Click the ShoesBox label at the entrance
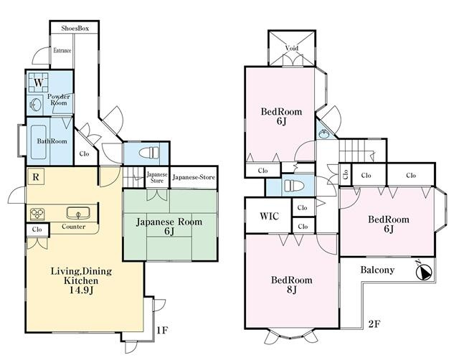pyautogui.click(x=75, y=29)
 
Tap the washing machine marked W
pyautogui.click(x=38, y=82)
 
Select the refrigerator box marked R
pyautogui.click(x=36, y=176)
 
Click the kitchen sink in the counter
pyautogui.click(x=78, y=213)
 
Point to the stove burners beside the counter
pyautogui.click(x=37, y=214)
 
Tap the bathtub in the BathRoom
pyautogui.click(x=38, y=142)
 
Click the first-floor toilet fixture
pyautogui.click(x=148, y=153)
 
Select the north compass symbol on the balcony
pyautogui.click(x=424, y=271)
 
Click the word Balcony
pyautogui.click(x=377, y=270)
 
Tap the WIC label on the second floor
pyautogui.click(x=270, y=216)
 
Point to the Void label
pyautogui.click(x=292, y=48)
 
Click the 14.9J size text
pyautogui.click(x=81, y=290)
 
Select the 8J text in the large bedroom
pyautogui.click(x=291, y=290)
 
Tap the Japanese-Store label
pyautogui.click(x=194, y=177)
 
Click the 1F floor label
pyautogui.click(x=162, y=331)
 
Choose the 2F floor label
pyautogui.click(x=374, y=323)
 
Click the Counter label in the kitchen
pyautogui.click(x=73, y=227)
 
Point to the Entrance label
pyautogui.click(x=62, y=50)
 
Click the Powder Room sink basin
pyautogui.click(x=35, y=105)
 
